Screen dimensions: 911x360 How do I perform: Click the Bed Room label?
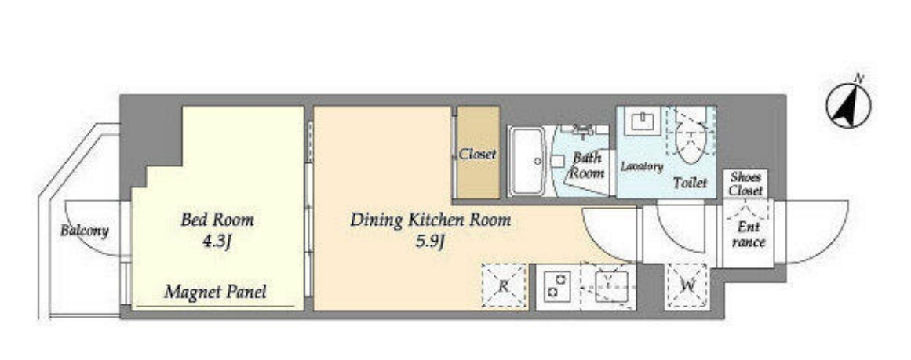click(x=217, y=220)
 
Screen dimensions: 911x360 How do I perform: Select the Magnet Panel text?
click(x=215, y=292)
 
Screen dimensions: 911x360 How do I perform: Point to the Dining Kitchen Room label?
click(x=431, y=220)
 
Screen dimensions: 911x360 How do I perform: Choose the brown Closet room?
click(x=478, y=152)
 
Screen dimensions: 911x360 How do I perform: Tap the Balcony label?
click(x=84, y=231)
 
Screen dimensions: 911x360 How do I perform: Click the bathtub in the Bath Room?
click(x=527, y=160)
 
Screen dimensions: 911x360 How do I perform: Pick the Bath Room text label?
click(x=587, y=165)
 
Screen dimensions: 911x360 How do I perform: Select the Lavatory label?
click(x=641, y=166)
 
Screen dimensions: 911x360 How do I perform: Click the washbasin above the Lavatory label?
click(x=643, y=122)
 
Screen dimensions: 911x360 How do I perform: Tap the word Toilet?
click(x=691, y=183)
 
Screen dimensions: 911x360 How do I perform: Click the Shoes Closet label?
click(x=746, y=184)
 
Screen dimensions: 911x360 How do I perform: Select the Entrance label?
click(x=749, y=235)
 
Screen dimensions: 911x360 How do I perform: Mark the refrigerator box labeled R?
click(x=504, y=285)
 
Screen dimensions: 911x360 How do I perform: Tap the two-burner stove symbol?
click(x=556, y=286)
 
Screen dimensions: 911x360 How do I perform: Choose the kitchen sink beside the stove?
click(x=608, y=285)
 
